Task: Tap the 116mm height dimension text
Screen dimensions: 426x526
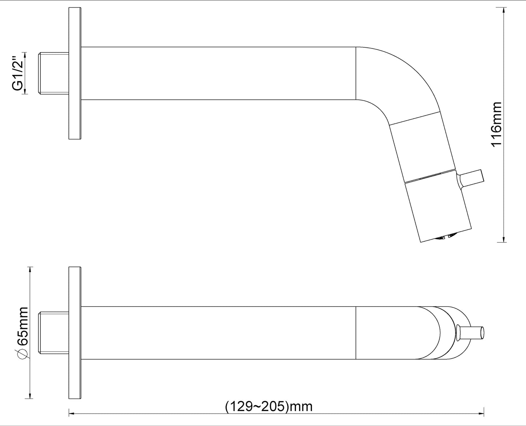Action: [x=497, y=124]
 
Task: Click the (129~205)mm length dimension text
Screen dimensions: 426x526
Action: [x=269, y=406]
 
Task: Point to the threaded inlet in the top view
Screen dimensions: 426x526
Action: [x=54, y=73]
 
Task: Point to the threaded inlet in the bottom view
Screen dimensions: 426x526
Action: [x=54, y=333]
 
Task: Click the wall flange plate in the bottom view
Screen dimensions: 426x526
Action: [x=75, y=333]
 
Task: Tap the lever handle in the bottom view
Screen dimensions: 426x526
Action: [x=472, y=333]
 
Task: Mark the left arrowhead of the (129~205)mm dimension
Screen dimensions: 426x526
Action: [x=71, y=413]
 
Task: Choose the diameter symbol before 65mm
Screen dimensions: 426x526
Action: [x=23, y=354]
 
